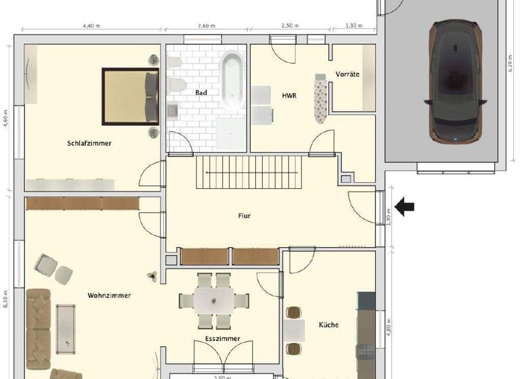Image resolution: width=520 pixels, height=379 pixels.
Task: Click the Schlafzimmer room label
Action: (x=89, y=143)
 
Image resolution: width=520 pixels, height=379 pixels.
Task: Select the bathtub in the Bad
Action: (x=232, y=85)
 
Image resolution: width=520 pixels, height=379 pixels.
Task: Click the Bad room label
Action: (x=201, y=93)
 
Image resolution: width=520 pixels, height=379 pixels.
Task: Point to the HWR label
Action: (x=290, y=96)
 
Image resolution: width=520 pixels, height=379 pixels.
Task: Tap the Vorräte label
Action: (x=347, y=74)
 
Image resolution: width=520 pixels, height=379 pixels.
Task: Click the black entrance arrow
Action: (x=406, y=207)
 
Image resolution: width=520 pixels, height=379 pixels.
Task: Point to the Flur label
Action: (x=244, y=216)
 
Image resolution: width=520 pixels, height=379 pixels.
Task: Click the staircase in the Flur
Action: (x=248, y=172)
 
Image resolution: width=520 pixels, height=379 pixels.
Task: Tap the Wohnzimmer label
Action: (x=109, y=296)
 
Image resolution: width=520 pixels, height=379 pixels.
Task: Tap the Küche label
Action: (x=328, y=325)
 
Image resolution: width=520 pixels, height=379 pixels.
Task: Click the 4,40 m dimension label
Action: (x=91, y=26)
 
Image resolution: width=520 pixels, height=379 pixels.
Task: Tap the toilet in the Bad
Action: (x=177, y=85)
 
